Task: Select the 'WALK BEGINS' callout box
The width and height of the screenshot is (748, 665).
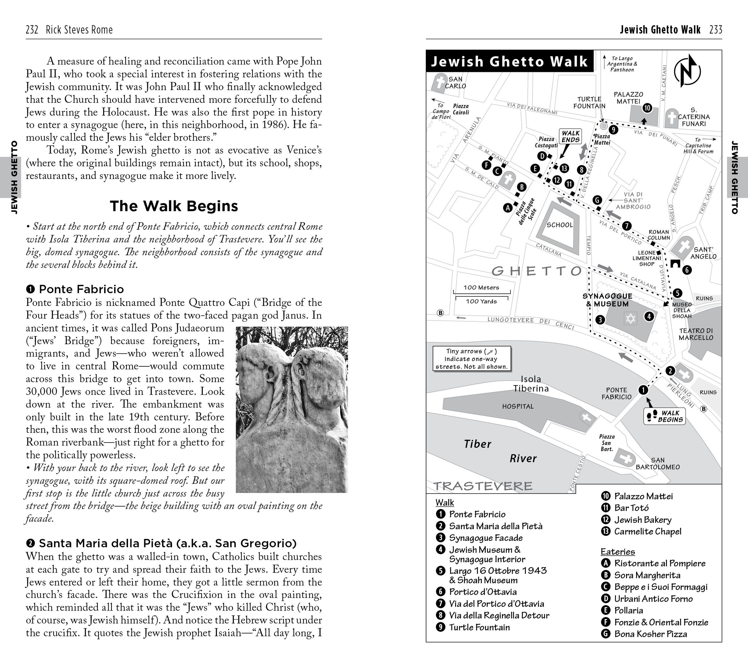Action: click(664, 416)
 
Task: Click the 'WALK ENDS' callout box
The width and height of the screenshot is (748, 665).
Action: click(570, 136)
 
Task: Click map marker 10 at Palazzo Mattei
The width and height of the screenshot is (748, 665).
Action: click(647, 108)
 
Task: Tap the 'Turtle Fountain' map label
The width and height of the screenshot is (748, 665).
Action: click(589, 102)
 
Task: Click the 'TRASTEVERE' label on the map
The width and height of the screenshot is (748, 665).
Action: click(483, 486)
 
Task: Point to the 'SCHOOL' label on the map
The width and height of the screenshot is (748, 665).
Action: click(560, 225)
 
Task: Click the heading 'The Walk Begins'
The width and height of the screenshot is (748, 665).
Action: click(174, 206)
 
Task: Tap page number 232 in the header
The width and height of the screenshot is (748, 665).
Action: click(32, 30)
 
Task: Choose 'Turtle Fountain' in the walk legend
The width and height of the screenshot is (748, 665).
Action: click(479, 627)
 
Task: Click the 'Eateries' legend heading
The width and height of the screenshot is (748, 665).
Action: click(618, 552)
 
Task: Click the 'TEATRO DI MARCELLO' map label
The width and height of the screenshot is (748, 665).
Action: click(696, 334)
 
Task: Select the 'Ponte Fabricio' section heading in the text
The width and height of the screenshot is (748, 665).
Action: click(81, 289)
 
